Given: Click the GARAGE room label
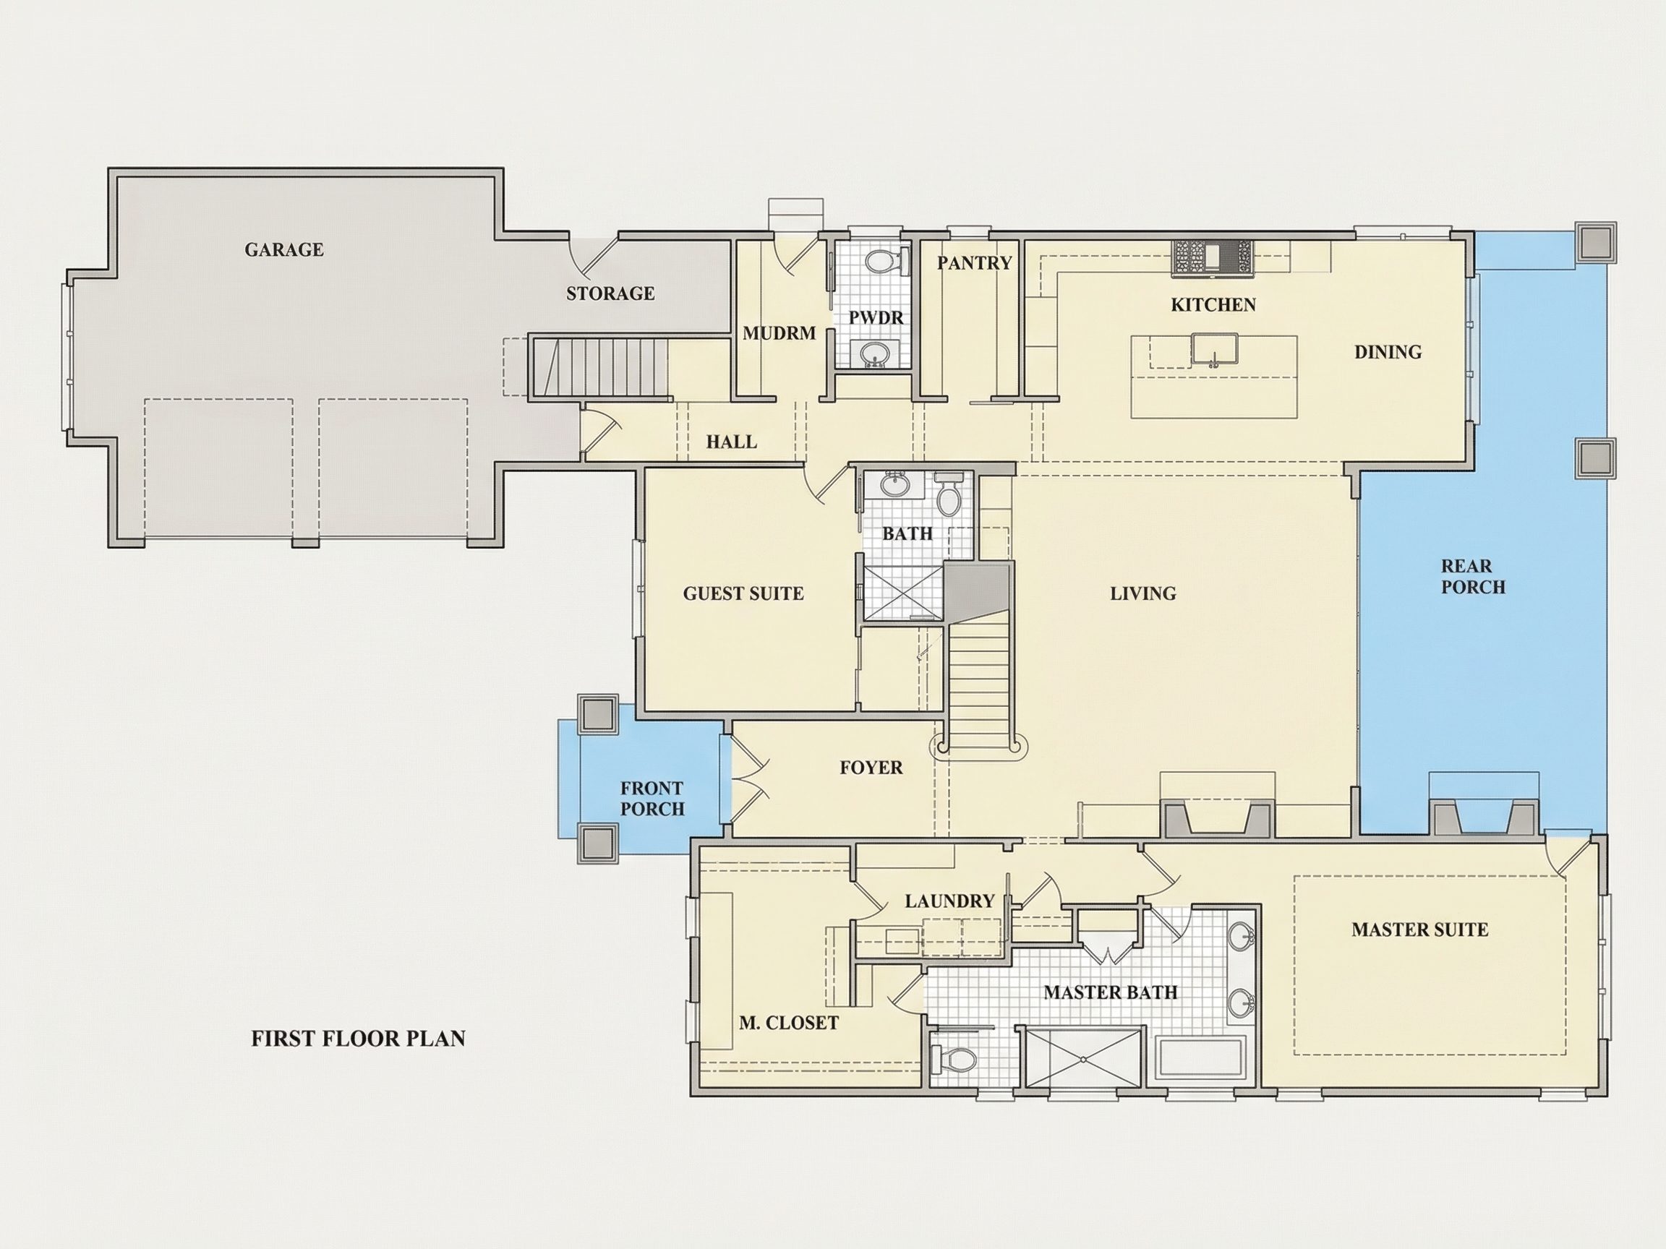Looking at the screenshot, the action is [284, 249].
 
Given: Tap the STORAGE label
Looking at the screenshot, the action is [610, 293].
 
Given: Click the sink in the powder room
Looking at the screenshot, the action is [873, 352].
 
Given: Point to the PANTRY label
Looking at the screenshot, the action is [974, 263].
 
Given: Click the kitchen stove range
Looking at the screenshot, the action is [1213, 256].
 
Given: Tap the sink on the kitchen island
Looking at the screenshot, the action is [1214, 349].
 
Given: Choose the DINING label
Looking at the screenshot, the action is [1388, 351].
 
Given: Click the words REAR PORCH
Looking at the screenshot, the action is [1473, 576].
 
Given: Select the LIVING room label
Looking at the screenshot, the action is [1142, 593].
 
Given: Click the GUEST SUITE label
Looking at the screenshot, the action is [743, 593].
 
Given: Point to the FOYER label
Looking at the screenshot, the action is [871, 767].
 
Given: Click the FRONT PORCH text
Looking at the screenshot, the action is [652, 798].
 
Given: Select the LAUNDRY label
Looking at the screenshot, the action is [949, 901].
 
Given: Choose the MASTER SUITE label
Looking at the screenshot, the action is [1419, 929].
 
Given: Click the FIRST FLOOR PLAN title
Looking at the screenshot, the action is [358, 1038].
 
